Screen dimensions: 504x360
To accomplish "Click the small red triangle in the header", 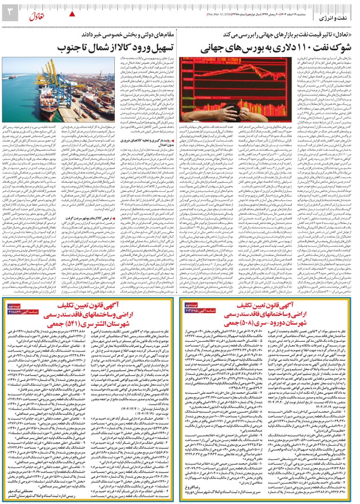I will [x=72, y=13].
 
